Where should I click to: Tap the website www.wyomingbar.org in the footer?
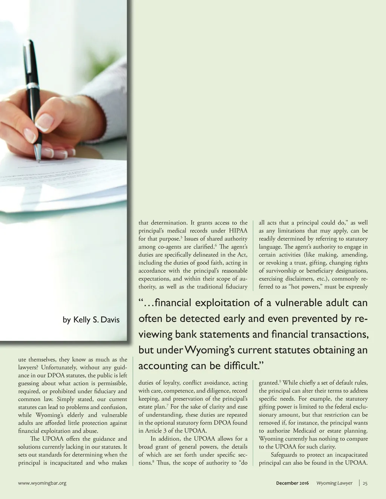[x=42, y=483]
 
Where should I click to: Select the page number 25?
[x=365, y=483]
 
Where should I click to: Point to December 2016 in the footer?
[x=292, y=483]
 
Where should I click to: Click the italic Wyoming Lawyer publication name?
[x=334, y=483]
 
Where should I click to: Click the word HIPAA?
[x=238, y=231]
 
